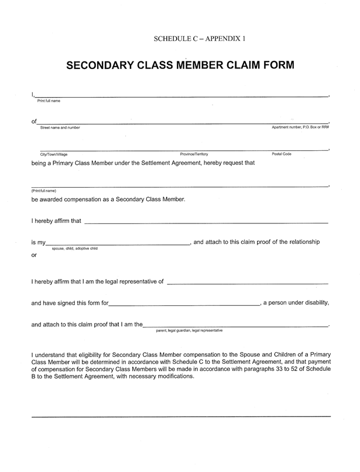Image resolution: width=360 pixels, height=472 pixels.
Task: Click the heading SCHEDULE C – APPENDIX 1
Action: [200, 39]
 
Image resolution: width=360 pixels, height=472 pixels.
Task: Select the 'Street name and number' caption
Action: [60, 127]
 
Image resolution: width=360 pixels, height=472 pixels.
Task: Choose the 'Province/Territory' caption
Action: [194, 154]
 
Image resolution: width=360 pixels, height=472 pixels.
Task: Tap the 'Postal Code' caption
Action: [282, 154]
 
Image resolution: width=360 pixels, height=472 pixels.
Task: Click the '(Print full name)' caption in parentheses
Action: [44, 191]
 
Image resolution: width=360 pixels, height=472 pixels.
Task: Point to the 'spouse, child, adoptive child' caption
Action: [75, 249]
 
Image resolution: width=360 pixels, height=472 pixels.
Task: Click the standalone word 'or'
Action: [35, 256]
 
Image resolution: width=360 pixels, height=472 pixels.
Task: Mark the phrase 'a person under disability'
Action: [296, 302]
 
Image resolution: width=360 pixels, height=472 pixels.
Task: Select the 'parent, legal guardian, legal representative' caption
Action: [189, 330]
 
